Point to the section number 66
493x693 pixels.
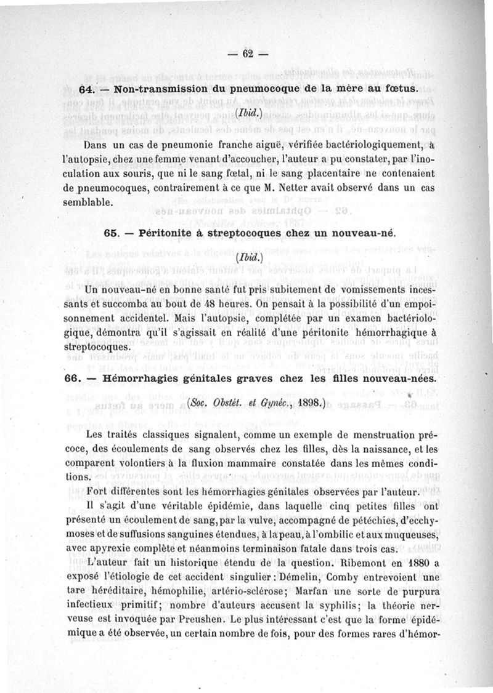75,379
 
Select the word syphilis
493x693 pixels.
335,606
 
